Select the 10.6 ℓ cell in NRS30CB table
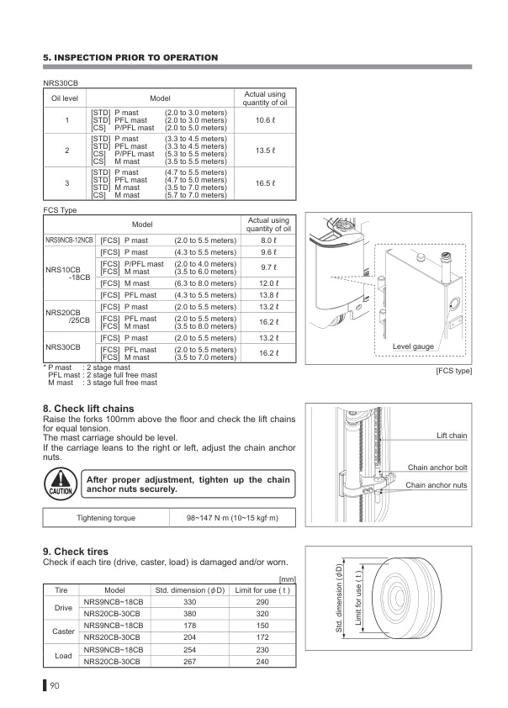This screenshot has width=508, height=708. click(264, 121)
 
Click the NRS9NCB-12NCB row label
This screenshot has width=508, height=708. click(69, 240)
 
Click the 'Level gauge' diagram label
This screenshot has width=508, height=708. click(413, 347)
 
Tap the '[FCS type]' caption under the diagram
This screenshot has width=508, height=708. click(452, 371)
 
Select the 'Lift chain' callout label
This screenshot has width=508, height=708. click(452, 436)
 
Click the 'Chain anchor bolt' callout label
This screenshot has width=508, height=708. click(437, 467)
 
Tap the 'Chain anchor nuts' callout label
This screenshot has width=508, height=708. click(437, 485)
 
